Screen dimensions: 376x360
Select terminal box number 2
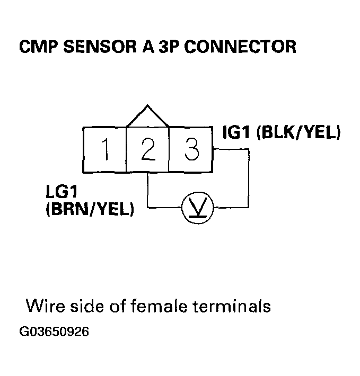147,150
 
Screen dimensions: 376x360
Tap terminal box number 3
190,150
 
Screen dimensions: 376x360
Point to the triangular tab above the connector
147,117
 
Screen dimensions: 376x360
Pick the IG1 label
236,133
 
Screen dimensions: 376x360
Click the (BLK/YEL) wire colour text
297,133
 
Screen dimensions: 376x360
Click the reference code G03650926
54,332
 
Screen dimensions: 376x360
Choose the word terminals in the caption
234,306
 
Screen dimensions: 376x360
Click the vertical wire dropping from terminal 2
147,189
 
